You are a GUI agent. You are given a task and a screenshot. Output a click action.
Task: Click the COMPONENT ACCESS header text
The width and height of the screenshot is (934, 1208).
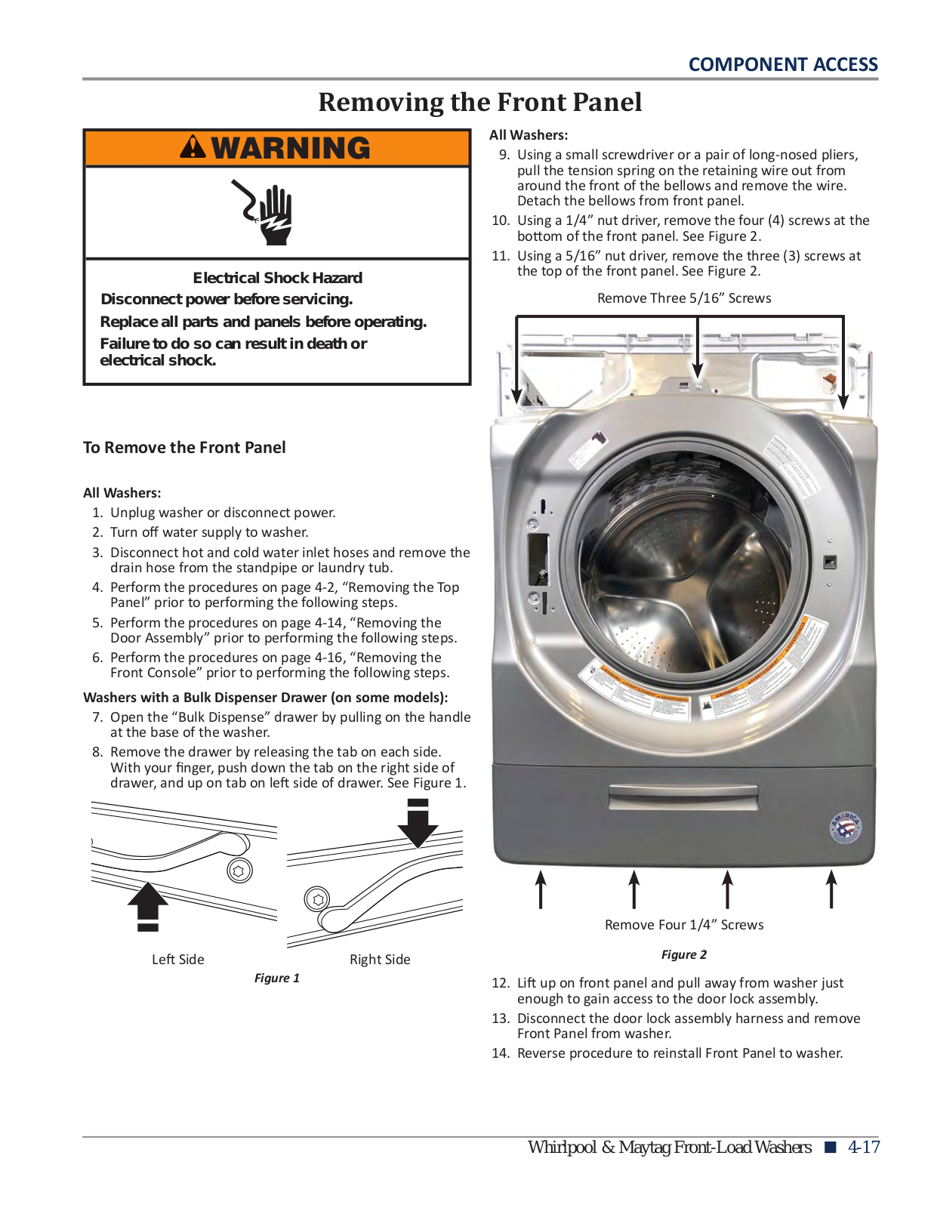click(x=782, y=65)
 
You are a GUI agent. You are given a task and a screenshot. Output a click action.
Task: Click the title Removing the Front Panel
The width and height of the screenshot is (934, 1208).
click(x=479, y=102)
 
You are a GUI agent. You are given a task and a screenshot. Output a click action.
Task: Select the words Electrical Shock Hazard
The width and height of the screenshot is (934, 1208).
click(x=277, y=278)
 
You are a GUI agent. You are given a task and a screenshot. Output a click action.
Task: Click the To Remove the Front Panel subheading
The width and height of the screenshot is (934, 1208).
click(x=184, y=448)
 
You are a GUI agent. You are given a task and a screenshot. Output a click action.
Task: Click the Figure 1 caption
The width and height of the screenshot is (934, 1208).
click(x=276, y=978)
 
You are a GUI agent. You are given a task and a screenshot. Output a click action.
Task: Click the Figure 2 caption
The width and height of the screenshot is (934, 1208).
click(x=683, y=954)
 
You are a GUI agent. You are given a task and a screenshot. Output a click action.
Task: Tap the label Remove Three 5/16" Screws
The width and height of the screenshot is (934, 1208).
click(x=683, y=298)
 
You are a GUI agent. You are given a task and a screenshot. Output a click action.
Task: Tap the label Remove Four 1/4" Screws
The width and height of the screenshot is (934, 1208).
click(x=683, y=925)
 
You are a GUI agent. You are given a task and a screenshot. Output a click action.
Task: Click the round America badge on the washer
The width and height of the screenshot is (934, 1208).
click(x=845, y=828)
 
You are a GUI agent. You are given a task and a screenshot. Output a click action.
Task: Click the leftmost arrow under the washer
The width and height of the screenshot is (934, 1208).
click(x=541, y=889)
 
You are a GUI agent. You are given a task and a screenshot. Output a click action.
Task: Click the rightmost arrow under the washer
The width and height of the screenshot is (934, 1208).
click(x=831, y=889)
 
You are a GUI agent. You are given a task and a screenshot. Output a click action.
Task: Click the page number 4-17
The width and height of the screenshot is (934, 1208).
click(x=864, y=1147)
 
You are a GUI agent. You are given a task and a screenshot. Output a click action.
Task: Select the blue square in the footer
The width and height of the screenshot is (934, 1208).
click(x=831, y=1148)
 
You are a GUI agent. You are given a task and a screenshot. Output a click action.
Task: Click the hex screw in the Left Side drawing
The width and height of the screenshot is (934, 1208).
click(x=239, y=871)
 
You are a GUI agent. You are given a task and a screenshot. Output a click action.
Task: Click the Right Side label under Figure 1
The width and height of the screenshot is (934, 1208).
click(x=380, y=960)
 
